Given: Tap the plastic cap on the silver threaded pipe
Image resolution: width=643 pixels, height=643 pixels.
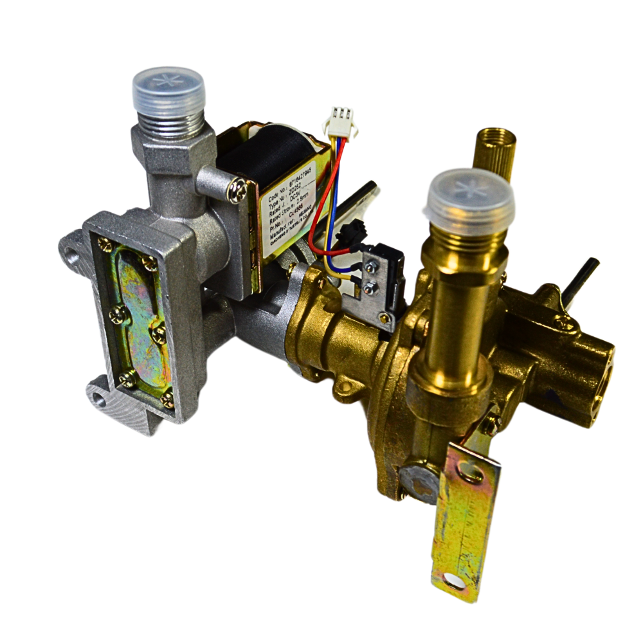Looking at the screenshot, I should [168, 89].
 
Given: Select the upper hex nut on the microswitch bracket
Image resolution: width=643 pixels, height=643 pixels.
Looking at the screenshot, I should [372, 267].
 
